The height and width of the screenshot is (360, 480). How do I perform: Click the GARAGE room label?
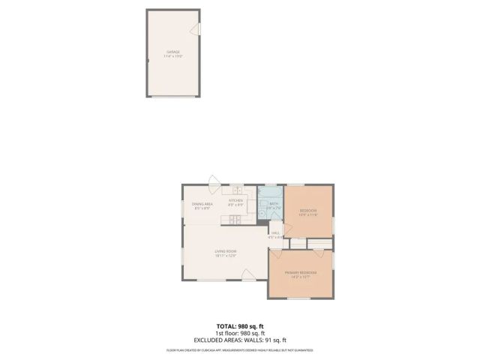point(173,52)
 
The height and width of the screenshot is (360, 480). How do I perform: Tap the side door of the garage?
point(196,29)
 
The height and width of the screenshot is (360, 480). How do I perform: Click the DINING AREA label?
point(202,204)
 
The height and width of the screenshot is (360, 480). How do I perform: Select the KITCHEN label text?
point(236,200)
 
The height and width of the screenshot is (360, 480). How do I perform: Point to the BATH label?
point(274,203)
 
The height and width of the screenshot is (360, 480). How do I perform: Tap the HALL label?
point(275,233)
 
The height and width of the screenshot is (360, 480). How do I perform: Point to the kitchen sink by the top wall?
point(235,190)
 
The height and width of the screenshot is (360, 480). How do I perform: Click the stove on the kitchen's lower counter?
point(235,220)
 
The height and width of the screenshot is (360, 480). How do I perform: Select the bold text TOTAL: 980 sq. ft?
point(240,325)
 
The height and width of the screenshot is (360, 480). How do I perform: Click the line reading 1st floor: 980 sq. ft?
point(240,333)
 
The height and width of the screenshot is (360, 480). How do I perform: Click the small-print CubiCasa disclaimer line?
point(240,350)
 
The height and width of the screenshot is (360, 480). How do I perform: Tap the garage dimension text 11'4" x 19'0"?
point(173,56)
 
